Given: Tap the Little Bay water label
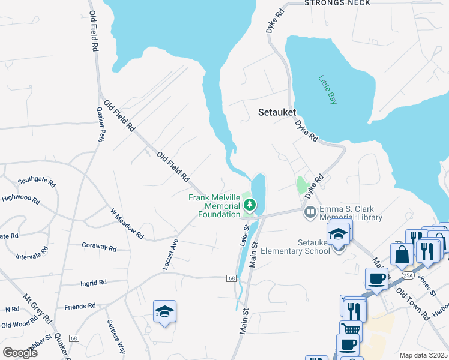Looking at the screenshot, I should click(x=327, y=89).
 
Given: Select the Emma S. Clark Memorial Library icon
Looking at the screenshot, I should click(x=310, y=211).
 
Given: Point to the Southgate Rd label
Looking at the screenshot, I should click(x=36, y=181).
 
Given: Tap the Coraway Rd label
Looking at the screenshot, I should click(x=99, y=247).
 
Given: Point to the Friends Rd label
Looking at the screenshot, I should click(x=80, y=306).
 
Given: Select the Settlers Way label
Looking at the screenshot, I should click(x=116, y=337).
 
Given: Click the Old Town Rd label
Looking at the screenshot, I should click(x=417, y=305).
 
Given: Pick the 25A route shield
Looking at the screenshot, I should click(x=408, y=275).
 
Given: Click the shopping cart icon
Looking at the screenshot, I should click(x=351, y=329).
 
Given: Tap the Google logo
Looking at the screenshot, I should click(x=20, y=353).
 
